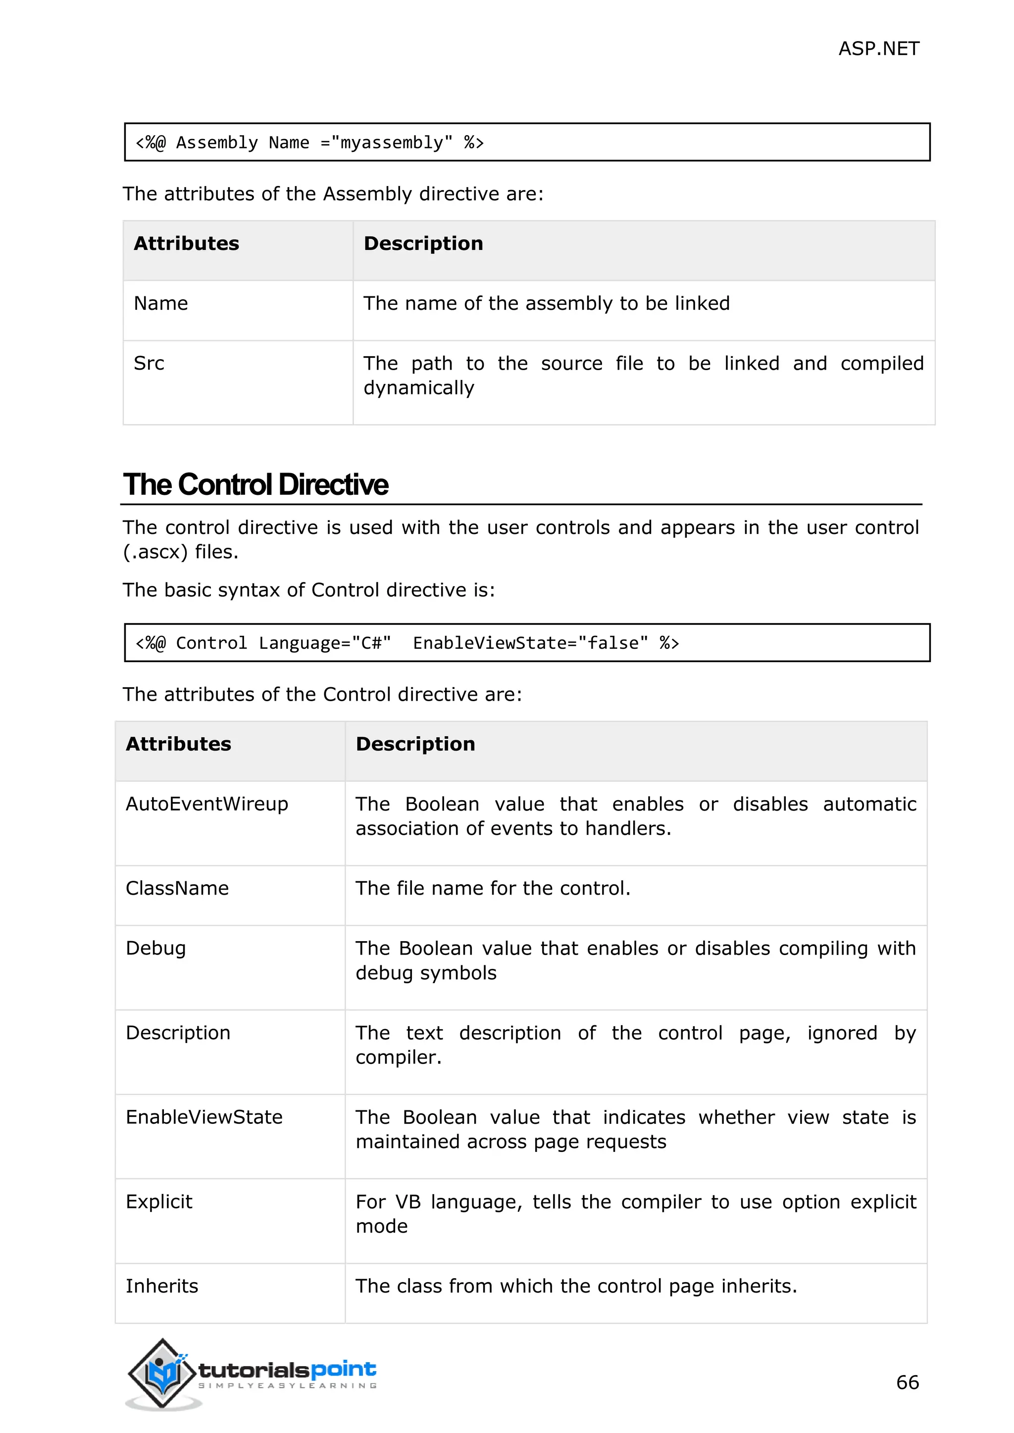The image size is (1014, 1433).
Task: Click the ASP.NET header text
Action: [878, 48]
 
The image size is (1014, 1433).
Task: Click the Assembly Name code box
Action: [526, 143]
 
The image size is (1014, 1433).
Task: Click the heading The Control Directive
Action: [255, 485]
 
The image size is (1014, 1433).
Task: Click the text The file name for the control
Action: [493, 888]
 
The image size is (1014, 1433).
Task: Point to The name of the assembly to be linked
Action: [546, 303]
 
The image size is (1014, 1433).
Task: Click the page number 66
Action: [907, 1383]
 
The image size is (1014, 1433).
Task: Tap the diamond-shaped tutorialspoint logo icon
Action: [162, 1373]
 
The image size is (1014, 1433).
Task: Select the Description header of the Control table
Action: [415, 744]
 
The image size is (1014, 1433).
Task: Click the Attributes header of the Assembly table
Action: [186, 243]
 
